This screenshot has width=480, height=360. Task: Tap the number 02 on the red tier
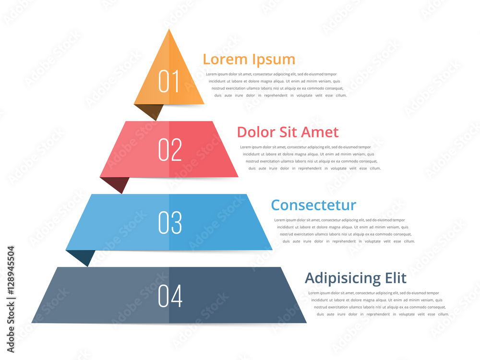(170, 150)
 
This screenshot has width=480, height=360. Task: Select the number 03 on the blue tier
(170, 223)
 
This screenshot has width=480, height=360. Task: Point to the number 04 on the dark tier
(170, 296)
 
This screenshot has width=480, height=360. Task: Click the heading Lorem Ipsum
(249, 59)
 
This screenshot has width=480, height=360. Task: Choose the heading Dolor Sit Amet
(288, 132)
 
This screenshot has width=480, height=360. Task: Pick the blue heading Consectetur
(313, 205)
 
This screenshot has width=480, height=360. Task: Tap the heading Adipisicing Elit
(355, 278)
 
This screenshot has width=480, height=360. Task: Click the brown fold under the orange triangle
(149, 111)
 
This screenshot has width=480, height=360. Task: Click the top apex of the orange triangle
(169, 30)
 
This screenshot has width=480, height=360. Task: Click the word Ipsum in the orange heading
(274, 60)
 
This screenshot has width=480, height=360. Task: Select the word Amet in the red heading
(321, 132)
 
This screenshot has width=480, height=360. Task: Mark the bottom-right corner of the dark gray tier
(306, 323)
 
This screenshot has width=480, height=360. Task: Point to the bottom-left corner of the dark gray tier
(32, 323)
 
